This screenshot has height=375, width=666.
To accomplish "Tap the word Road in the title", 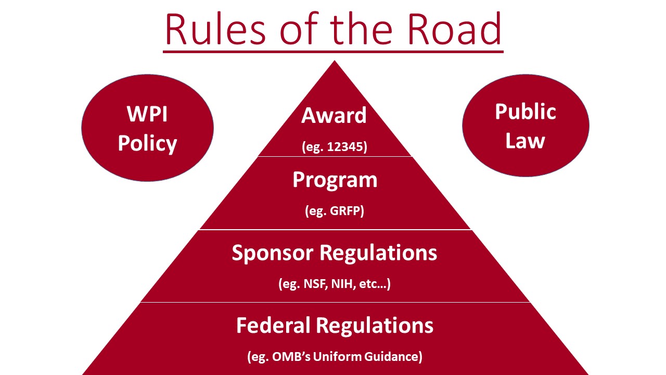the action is [x=455, y=29].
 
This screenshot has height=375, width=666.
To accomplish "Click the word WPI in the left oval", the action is [x=147, y=114].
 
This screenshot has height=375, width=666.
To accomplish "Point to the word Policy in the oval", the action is [x=147, y=144].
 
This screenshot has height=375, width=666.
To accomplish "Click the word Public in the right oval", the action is [x=526, y=112].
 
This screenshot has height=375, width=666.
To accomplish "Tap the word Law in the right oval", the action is [x=526, y=141].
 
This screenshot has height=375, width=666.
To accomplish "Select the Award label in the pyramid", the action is [x=334, y=116].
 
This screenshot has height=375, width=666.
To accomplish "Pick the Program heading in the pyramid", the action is [x=335, y=180].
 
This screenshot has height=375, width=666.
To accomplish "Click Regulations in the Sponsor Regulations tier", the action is [x=378, y=253].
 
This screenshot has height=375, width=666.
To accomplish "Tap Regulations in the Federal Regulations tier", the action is [x=375, y=326].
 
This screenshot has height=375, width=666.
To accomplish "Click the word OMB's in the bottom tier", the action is [x=291, y=356].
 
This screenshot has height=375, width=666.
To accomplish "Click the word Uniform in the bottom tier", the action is [x=338, y=356].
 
